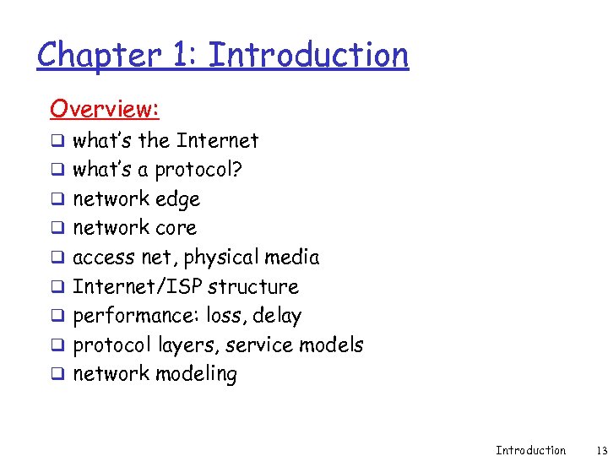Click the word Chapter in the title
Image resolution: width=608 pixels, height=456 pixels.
(x=98, y=56)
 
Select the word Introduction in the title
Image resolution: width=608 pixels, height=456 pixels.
(x=308, y=56)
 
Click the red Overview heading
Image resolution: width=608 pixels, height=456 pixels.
(x=105, y=109)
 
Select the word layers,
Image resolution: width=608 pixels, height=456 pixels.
(x=187, y=345)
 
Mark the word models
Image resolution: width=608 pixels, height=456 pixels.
(x=331, y=345)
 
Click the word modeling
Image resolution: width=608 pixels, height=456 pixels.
(x=196, y=374)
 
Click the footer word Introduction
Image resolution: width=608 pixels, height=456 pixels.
(x=530, y=450)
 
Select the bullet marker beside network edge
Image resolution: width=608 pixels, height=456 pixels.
(x=57, y=200)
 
